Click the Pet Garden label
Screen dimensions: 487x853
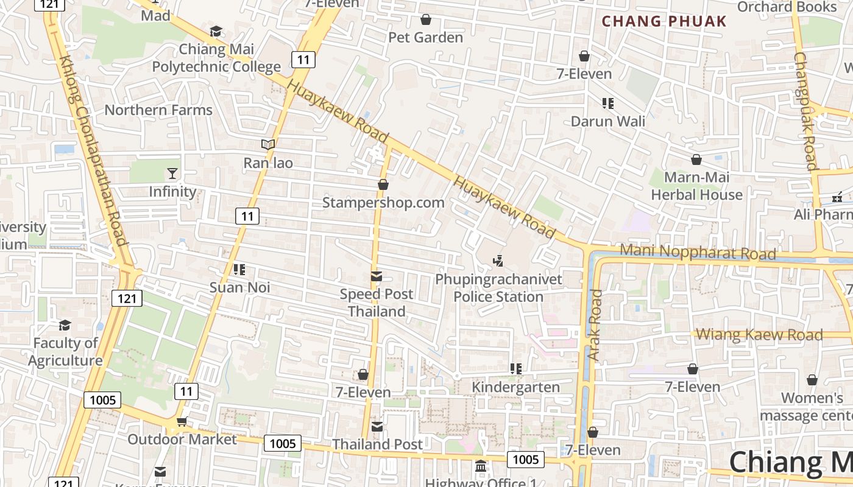426,38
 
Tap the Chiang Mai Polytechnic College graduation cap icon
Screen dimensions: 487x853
216,31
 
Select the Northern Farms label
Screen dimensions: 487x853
158,110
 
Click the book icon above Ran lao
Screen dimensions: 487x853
268,144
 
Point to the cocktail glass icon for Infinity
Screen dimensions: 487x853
172,173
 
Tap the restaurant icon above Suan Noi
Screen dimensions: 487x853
239,269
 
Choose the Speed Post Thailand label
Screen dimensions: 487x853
377,303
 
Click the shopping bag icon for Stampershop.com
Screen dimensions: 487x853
383,184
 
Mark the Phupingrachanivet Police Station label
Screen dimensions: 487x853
498,288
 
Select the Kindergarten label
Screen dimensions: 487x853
516,387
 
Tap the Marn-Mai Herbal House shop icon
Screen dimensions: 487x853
696,159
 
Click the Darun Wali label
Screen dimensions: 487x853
607,121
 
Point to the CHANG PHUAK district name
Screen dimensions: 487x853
664,21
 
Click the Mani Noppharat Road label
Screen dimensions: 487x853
698,252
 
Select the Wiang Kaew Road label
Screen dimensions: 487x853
759,334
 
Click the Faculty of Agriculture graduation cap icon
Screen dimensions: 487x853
65,325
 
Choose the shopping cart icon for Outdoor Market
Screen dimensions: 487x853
182,421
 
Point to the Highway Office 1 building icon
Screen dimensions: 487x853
481,466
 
